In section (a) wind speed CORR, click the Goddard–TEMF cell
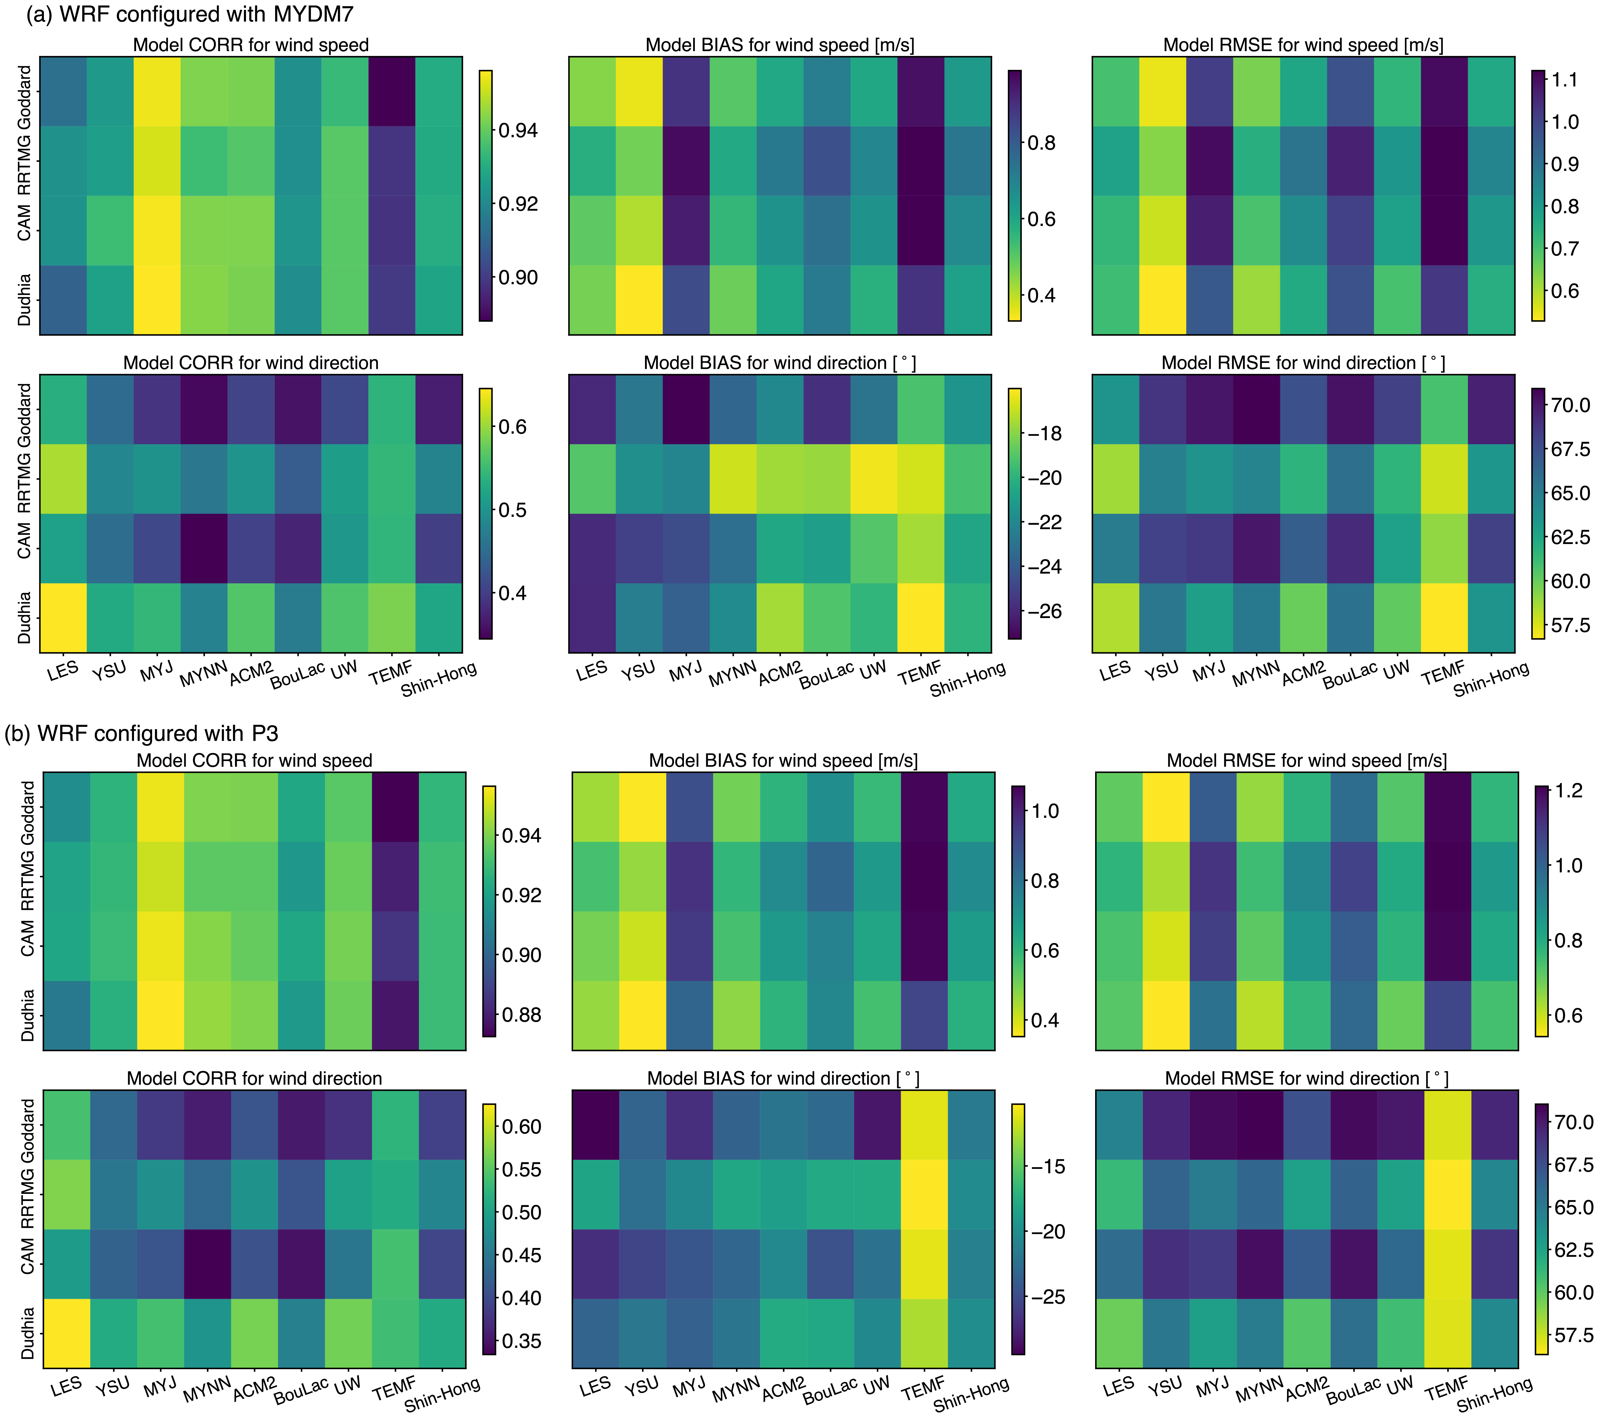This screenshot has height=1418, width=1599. point(392,91)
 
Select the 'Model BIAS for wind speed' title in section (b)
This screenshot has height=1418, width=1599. point(783,761)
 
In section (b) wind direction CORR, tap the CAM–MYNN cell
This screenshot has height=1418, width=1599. point(207,1264)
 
